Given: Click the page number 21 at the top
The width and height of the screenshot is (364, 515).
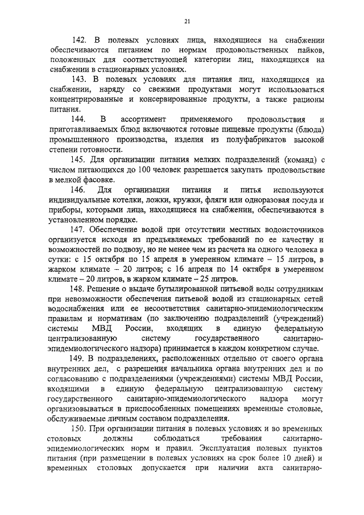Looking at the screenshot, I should point(187,22).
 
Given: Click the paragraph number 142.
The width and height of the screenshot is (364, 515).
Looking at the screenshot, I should point(78,40).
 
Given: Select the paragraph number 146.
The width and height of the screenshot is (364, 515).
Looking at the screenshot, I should point(78,189).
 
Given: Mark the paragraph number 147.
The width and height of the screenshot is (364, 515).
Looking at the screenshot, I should point(78,229).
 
